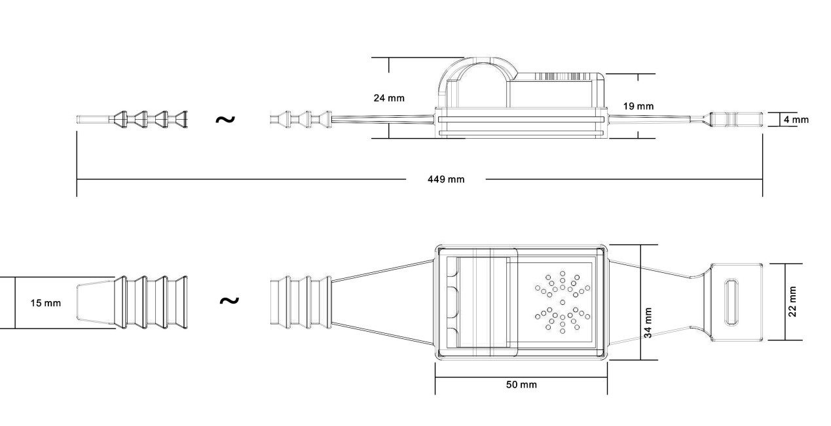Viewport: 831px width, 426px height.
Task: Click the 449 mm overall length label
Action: [446, 179]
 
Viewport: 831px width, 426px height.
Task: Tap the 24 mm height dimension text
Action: [389, 98]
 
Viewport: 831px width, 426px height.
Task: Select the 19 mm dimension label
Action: [638, 107]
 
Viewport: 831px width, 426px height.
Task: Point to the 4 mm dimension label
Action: [796, 120]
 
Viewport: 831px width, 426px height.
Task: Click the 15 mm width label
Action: [46, 303]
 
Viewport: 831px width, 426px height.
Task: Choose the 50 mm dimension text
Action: [521, 385]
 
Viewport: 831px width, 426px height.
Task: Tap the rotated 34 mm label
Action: [648, 323]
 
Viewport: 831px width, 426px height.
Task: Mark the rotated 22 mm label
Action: [792, 302]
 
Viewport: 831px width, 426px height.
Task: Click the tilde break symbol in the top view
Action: [229, 300]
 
